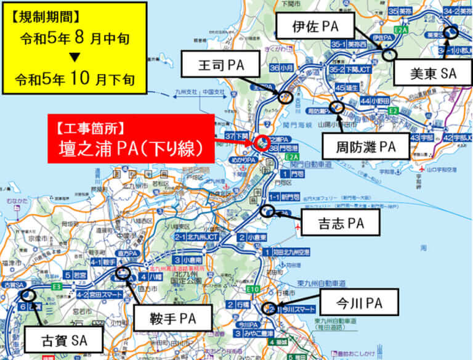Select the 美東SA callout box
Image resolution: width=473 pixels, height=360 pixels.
coord(432,73)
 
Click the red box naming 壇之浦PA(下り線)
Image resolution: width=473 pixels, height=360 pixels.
coord(131,138)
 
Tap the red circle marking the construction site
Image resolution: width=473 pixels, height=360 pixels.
coord(262,142)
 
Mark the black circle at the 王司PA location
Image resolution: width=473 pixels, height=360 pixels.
coord(285,97)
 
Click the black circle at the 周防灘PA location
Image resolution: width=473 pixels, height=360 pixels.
coord(336,107)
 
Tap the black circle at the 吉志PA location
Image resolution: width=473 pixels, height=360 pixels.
coord(268,211)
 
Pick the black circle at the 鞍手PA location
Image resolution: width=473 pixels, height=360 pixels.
coord(123,274)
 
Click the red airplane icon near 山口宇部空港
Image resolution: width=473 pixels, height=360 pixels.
coord(422,169)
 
